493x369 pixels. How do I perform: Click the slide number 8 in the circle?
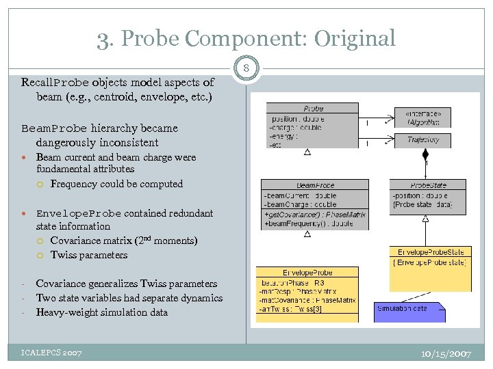point(246,68)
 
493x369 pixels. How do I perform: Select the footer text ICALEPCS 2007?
point(51,353)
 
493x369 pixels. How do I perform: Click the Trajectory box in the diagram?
point(423,140)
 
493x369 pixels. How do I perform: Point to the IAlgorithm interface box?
point(423,118)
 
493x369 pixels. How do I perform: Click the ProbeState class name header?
point(429,185)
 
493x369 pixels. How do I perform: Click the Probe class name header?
point(312,109)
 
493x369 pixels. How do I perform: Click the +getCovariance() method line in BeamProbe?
point(315,215)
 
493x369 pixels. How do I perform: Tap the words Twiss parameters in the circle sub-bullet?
point(89,255)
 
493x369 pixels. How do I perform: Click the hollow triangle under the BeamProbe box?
point(307,234)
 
